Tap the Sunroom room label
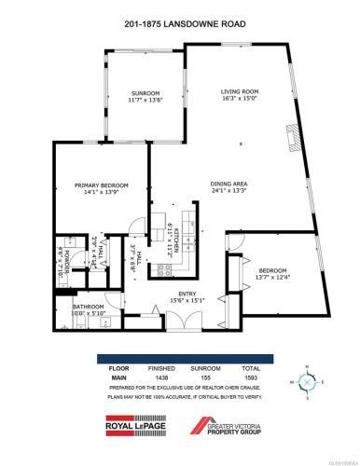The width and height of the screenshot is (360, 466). click(x=145, y=93)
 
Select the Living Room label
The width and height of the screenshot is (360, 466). click(x=238, y=91)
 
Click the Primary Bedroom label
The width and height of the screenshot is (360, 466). click(x=99, y=186)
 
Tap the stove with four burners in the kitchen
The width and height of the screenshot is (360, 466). click(x=165, y=271)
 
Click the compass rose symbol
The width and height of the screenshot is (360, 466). click(x=305, y=382)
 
